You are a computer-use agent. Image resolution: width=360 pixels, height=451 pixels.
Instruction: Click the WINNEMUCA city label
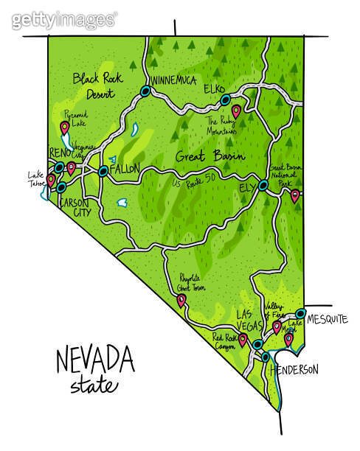[174, 80]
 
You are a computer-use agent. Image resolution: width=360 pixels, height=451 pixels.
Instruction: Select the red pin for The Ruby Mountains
[236, 111]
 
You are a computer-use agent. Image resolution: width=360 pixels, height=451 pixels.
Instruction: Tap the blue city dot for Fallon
[103, 171]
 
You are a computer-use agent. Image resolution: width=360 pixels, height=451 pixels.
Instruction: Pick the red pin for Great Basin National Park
[295, 195]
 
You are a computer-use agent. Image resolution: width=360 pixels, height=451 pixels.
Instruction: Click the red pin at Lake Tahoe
[51, 179]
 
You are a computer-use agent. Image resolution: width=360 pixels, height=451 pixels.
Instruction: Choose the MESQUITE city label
[327, 319]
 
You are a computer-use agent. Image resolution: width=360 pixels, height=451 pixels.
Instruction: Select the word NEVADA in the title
[95, 362]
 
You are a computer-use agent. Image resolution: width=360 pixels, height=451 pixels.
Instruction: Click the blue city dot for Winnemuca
[145, 91]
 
